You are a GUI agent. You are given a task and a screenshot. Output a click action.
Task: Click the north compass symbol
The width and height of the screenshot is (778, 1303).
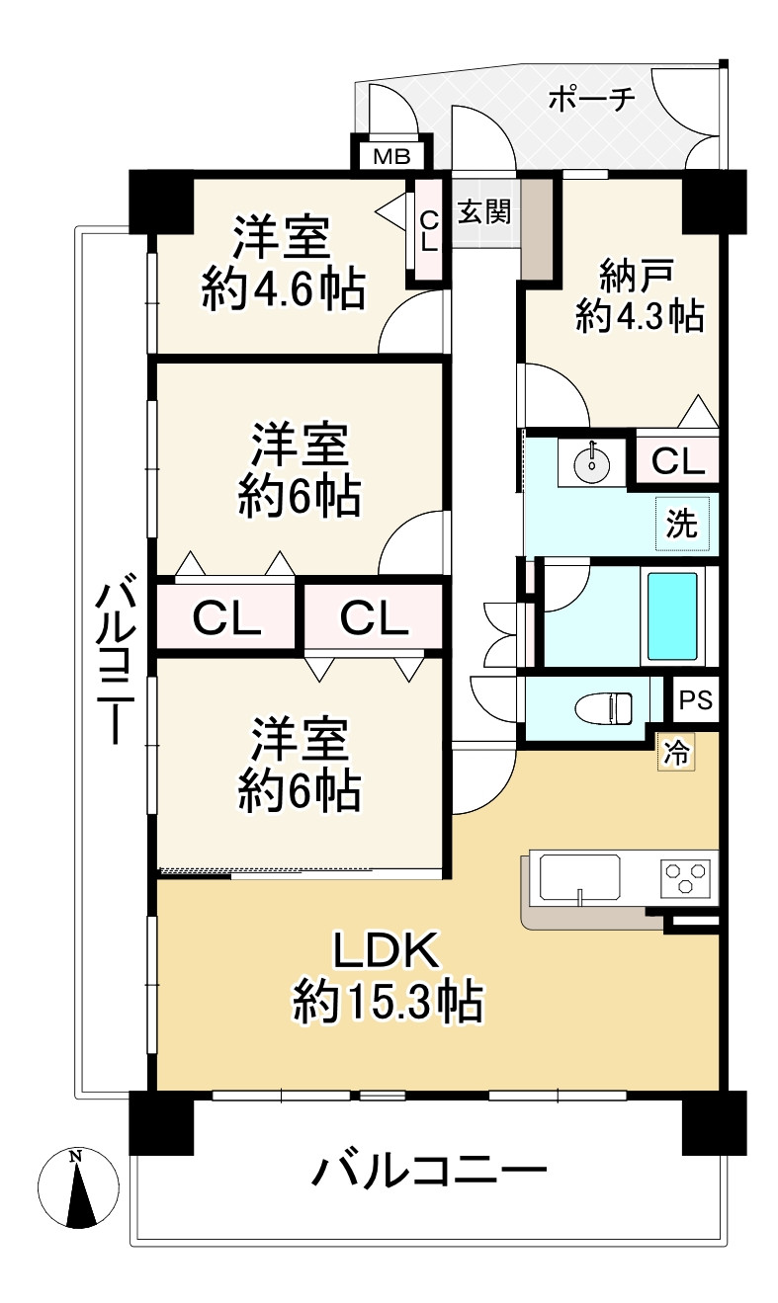pyautogui.click(x=76, y=1188)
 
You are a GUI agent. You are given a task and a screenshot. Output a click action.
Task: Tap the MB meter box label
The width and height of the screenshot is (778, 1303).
pyautogui.click(x=391, y=156)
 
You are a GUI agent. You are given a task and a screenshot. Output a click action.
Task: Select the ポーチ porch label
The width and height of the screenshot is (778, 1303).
pyautogui.click(x=589, y=99)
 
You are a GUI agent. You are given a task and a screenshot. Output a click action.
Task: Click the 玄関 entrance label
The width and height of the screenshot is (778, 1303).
pyautogui.click(x=484, y=211)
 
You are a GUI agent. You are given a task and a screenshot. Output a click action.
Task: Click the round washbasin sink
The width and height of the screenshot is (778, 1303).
pyautogui.click(x=591, y=462)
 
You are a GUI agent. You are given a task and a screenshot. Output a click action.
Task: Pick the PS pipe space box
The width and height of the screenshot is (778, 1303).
pyautogui.click(x=696, y=700)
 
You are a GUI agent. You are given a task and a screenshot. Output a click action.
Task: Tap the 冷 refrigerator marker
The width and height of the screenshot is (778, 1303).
pyautogui.click(x=677, y=753)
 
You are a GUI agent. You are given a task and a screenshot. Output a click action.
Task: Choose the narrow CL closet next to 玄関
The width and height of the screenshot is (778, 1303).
pyautogui.click(x=428, y=232)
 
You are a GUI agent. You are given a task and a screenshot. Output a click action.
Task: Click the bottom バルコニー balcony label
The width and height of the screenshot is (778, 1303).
pyautogui.click(x=430, y=1172)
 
